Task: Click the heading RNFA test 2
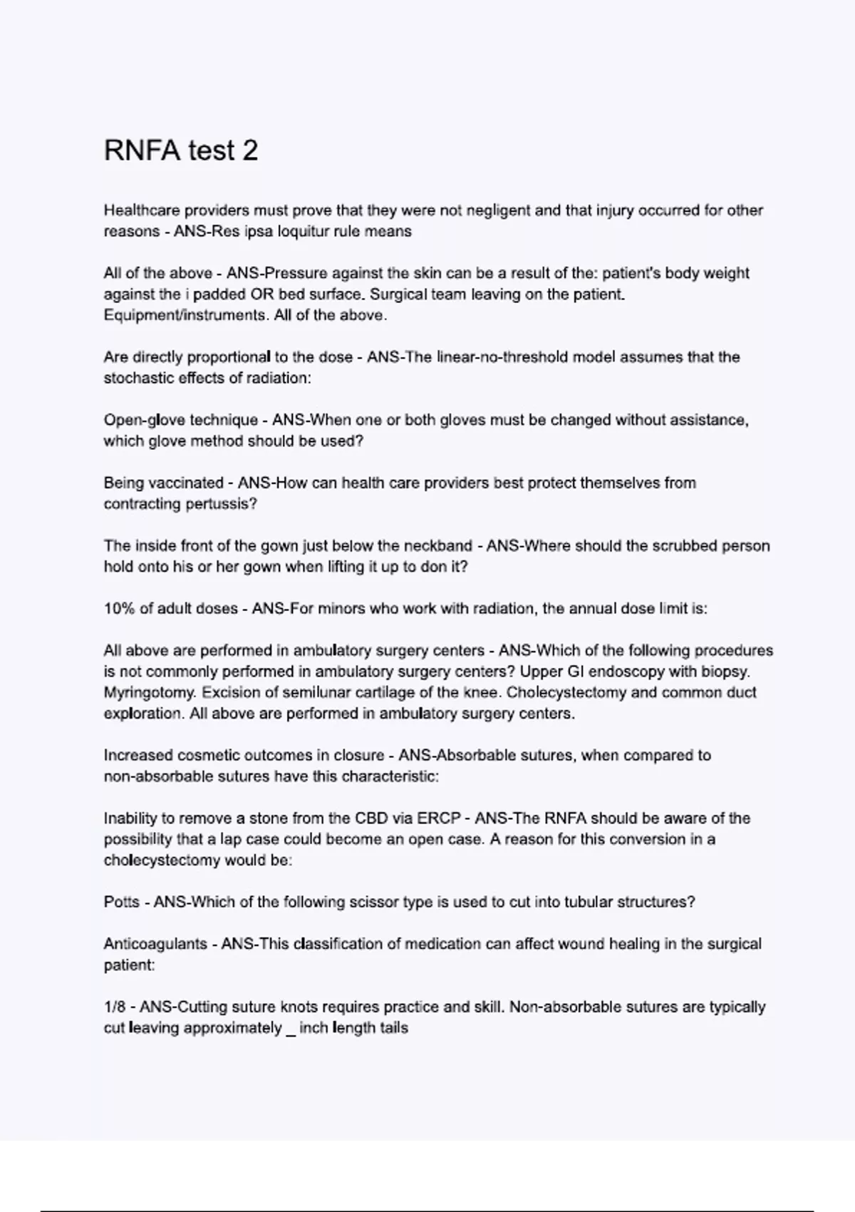click(x=181, y=150)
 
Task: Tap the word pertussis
click(x=221, y=504)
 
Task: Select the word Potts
click(x=121, y=902)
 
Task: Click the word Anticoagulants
click(x=155, y=944)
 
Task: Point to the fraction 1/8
click(x=114, y=1007)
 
